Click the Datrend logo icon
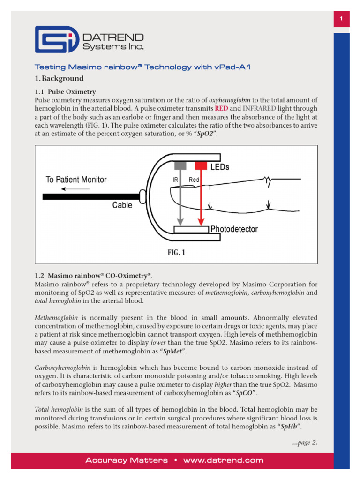pos(57,40)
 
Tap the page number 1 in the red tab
pos(342,19)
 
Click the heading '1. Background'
pos(59,79)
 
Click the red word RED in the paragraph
pos(221,109)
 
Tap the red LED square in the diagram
pos(201,165)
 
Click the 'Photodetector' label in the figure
pos(234,229)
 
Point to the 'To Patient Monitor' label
pos(76,180)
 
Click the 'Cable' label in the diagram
pos(122,205)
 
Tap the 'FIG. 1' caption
pos(176,252)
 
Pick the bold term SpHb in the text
pos(289,427)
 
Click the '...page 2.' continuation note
pos(305,442)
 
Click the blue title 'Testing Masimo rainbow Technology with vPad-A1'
pos(143,67)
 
